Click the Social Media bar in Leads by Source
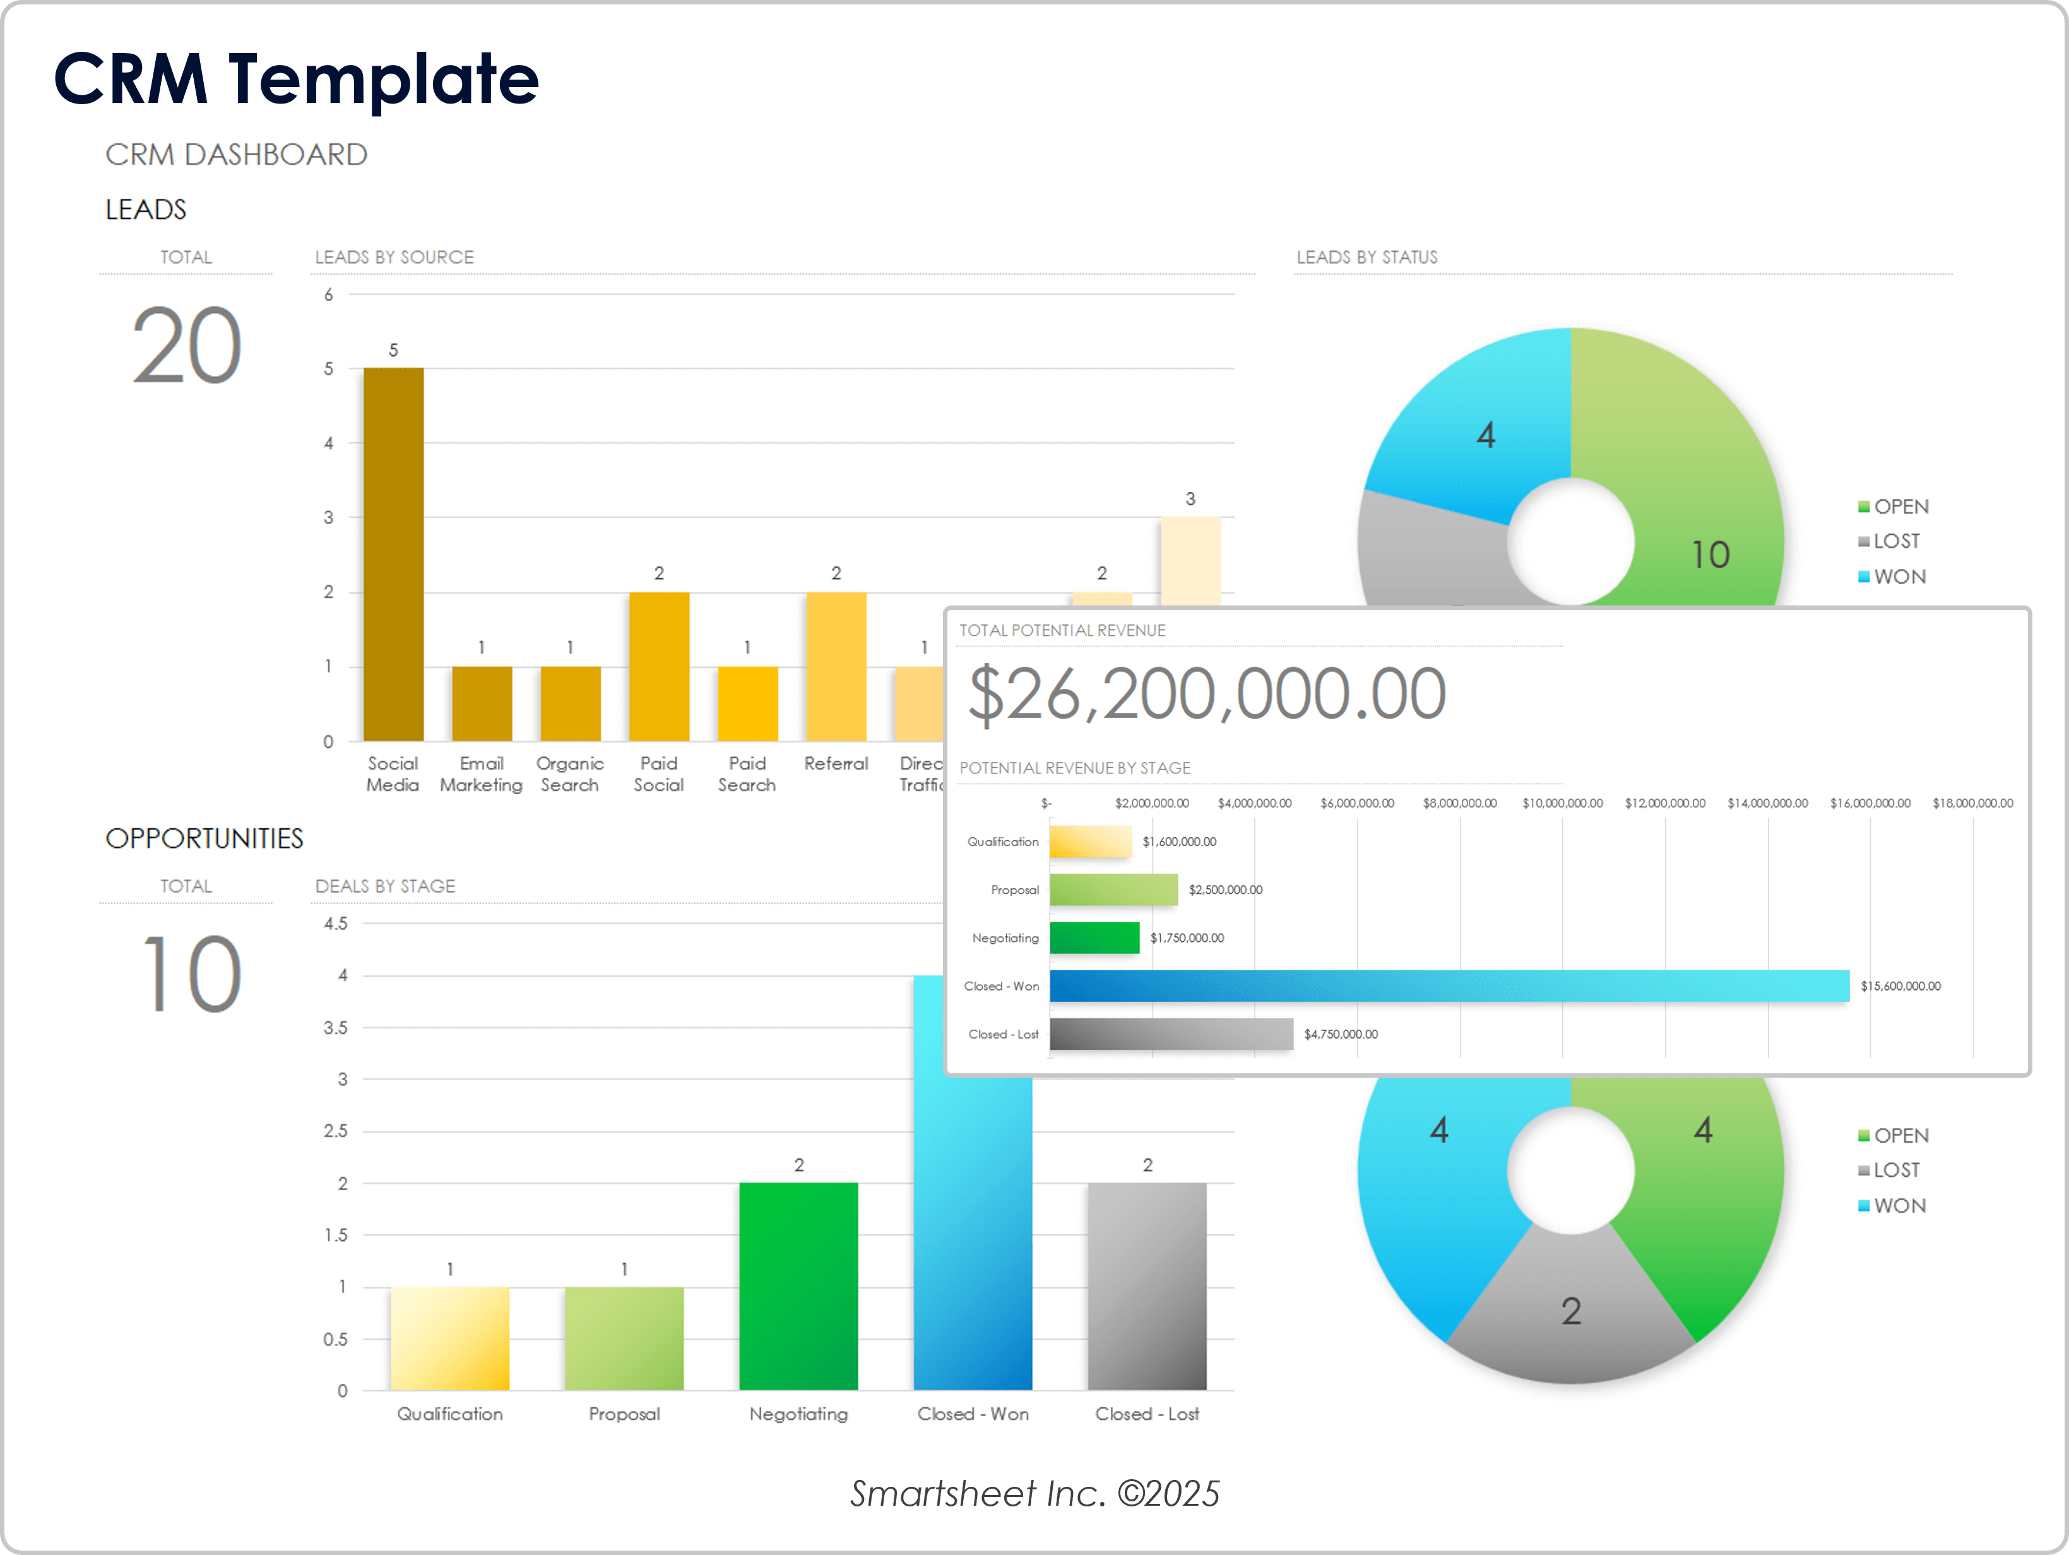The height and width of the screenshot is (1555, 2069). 393,554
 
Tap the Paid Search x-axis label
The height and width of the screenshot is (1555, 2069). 747,774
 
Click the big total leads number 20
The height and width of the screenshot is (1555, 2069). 186,346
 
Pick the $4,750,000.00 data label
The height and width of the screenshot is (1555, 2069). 1341,1034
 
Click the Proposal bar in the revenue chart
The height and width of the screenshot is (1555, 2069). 1113,889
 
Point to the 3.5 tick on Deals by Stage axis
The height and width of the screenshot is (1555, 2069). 335,1027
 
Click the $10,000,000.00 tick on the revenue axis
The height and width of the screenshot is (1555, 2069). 1562,803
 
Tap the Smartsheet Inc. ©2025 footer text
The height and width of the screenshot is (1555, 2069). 1034,1493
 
